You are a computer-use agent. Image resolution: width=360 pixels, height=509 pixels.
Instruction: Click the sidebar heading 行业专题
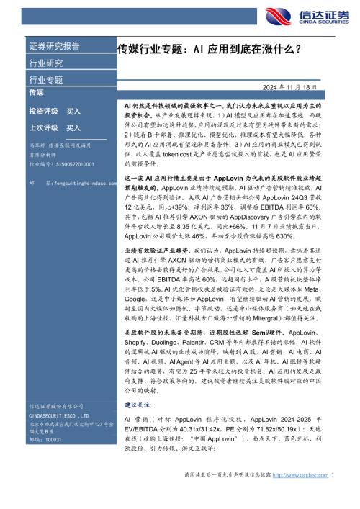pyautogui.click(x=45, y=79)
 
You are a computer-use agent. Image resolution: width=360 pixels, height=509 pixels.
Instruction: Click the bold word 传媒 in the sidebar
pyautogui.click(x=36, y=94)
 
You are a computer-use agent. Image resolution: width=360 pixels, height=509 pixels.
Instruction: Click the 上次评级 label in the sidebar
pyautogui.click(x=44, y=127)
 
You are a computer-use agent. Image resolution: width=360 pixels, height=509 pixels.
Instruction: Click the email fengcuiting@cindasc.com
pyautogui.click(x=78, y=184)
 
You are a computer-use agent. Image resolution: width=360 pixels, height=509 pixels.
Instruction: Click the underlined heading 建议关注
pyautogui.click(x=138, y=407)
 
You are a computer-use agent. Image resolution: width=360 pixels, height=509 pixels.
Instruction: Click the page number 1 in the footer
pyautogui.click(x=333, y=496)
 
